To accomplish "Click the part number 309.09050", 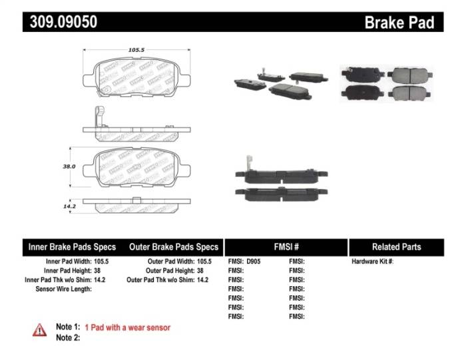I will (x=63, y=21).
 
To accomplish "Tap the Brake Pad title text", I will (x=399, y=22).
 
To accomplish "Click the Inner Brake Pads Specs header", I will (x=72, y=247).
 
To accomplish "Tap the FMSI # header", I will (x=286, y=247).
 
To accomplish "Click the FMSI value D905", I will (x=254, y=262).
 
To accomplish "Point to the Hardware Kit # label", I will (x=372, y=262).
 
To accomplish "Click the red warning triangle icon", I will (x=40, y=329).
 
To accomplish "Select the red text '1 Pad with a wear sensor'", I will (x=127, y=327).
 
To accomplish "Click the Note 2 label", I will (x=67, y=337).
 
